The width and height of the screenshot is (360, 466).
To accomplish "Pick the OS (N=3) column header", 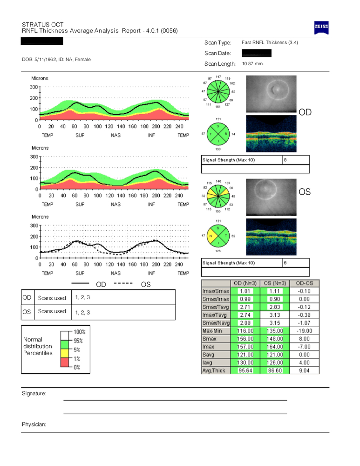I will [x=275, y=283].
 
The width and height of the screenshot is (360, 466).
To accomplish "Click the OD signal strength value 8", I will [x=285, y=160].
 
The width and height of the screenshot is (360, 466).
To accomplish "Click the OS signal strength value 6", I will [x=285, y=263].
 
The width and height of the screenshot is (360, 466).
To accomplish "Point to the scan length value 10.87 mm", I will [x=252, y=64].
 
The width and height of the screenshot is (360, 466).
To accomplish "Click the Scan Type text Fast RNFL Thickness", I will [x=270, y=43].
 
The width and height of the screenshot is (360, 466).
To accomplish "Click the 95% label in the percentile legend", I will [x=79, y=340].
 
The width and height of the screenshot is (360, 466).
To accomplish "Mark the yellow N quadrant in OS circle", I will [x=212, y=237].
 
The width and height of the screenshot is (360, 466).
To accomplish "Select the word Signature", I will [x=34, y=394].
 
